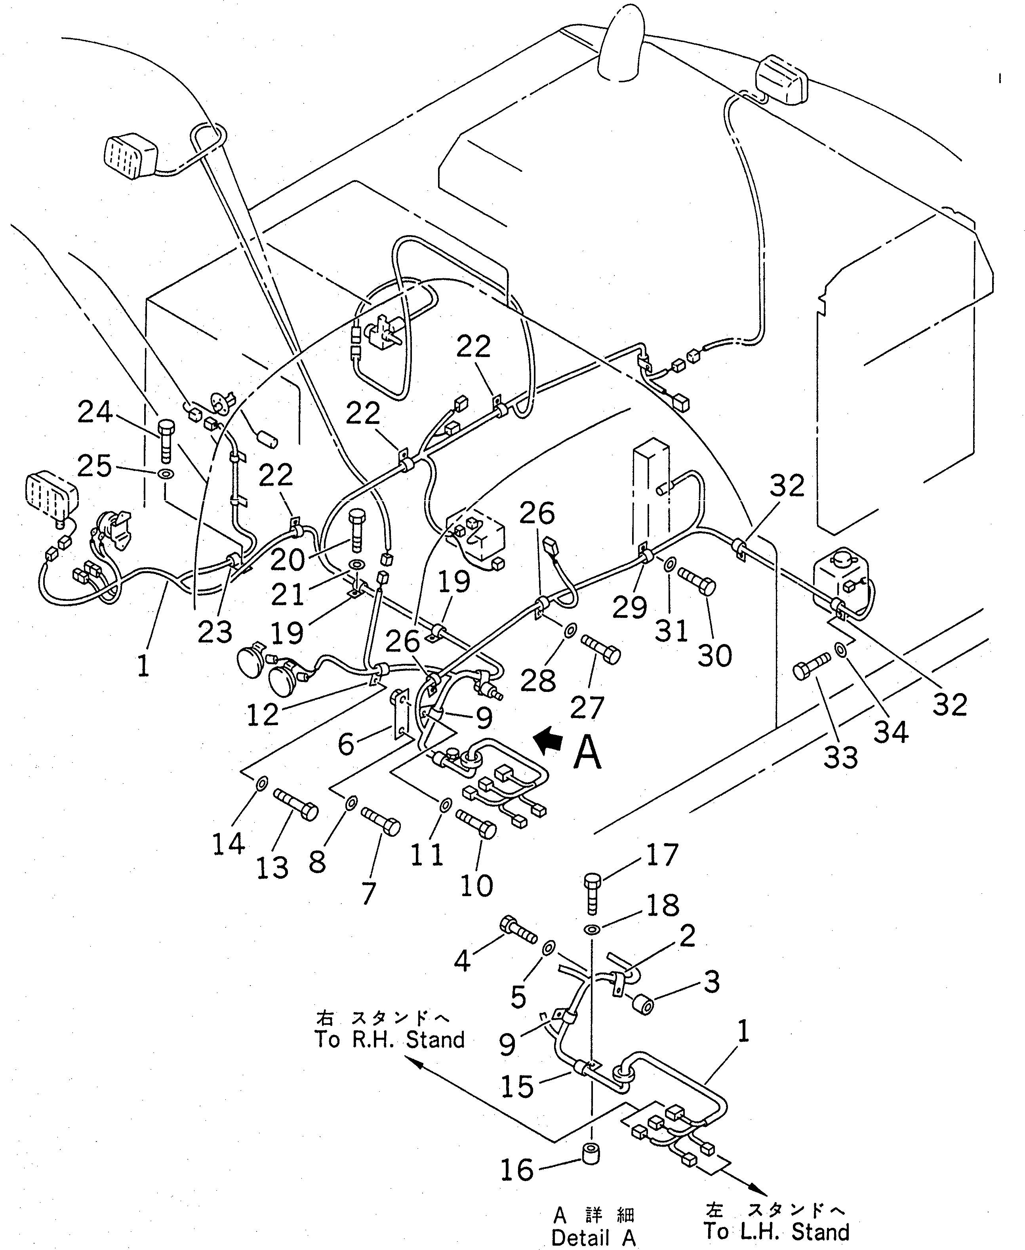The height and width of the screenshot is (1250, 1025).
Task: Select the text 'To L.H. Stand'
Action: (776, 1232)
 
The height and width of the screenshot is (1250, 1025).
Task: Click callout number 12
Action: (262, 715)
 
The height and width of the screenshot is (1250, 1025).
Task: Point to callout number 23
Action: (215, 632)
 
